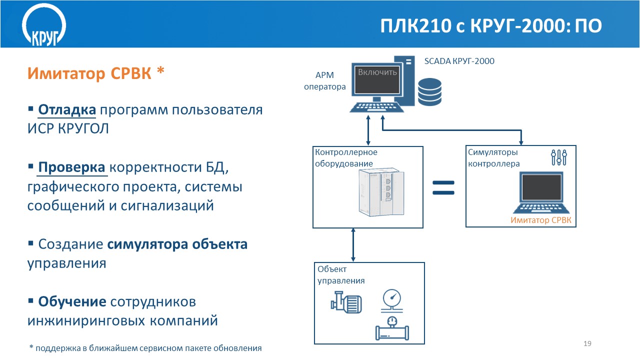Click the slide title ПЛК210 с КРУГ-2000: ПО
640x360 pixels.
[490, 26]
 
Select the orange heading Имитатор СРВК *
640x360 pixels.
[95, 73]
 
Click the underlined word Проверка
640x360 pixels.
[72, 167]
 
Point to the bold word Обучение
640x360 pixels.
[72, 301]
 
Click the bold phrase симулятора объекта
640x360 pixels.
[177, 244]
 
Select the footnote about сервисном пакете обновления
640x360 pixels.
[145, 347]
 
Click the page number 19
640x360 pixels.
[587, 343]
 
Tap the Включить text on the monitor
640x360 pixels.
[377, 72]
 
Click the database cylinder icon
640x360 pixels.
[430, 90]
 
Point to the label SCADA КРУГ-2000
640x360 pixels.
[459, 61]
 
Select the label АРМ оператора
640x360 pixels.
[325, 81]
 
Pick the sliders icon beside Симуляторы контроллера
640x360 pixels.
[559, 157]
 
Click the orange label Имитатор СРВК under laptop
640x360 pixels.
[540, 220]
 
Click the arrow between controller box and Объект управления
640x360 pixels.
[353, 245]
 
